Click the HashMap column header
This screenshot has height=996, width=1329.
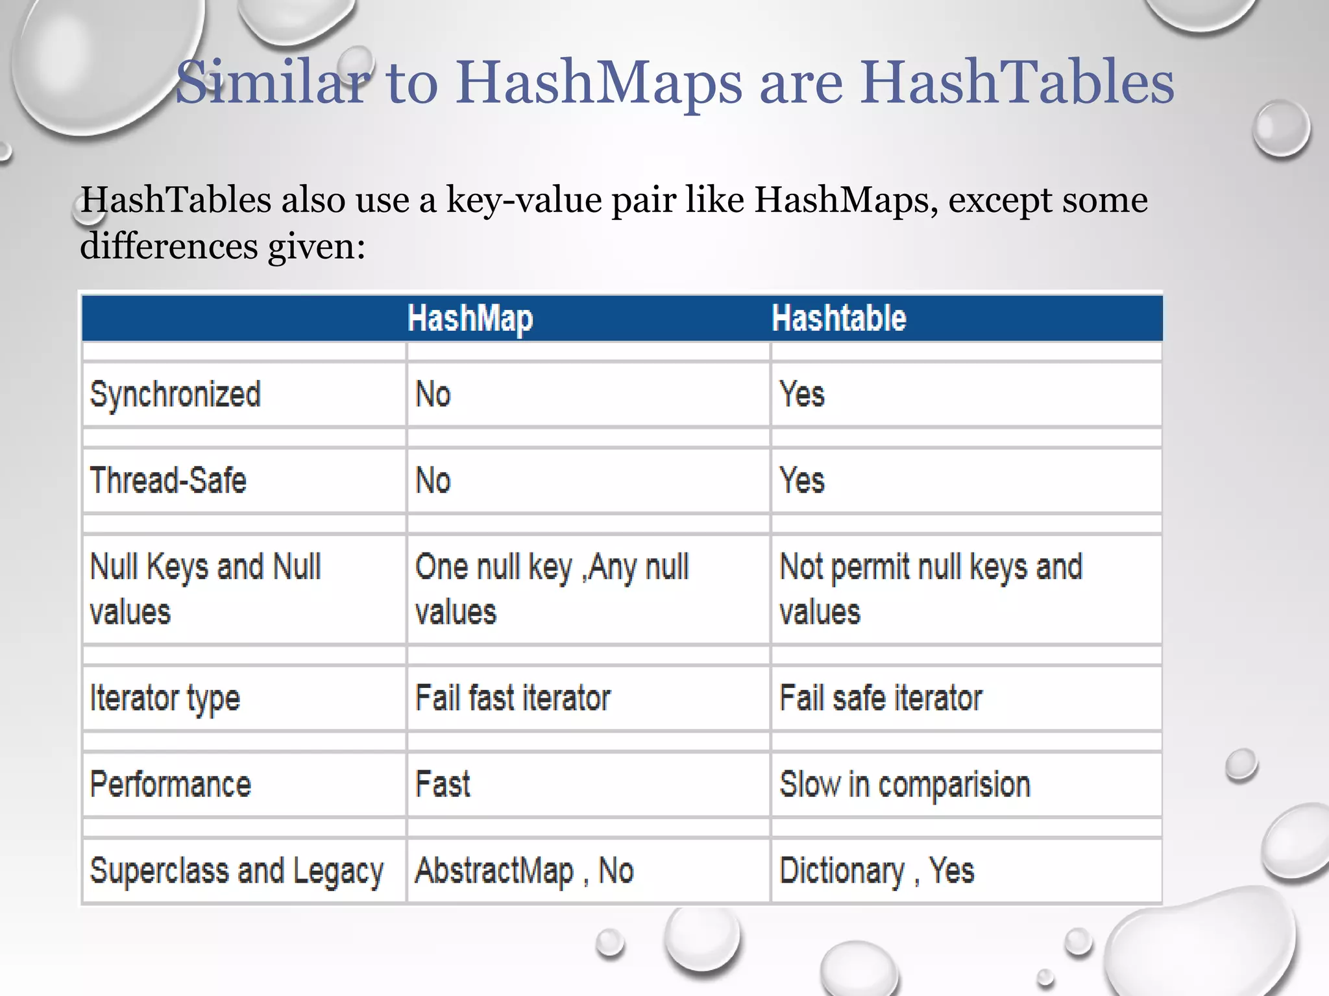tap(470, 319)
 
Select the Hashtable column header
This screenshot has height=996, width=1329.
tap(838, 318)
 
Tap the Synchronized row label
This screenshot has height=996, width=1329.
tap(175, 394)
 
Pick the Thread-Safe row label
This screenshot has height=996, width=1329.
tap(168, 480)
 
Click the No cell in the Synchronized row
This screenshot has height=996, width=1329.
tap(433, 394)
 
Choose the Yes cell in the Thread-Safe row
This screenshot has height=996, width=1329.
tap(802, 480)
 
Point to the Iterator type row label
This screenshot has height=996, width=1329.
tap(165, 698)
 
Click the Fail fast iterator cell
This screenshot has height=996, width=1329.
tap(513, 698)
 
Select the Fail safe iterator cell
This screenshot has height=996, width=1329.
tap(881, 698)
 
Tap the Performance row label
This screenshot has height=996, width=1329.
tap(170, 785)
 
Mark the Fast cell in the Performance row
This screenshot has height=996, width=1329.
tap(443, 785)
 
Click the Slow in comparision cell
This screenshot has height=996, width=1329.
tap(905, 785)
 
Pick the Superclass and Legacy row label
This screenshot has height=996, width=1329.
tap(237, 871)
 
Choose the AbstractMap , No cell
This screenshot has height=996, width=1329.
tap(524, 871)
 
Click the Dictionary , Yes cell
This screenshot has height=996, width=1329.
tap(877, 871)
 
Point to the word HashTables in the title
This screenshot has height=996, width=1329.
tap(1017, 82)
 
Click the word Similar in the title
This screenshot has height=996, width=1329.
tap(273, 82)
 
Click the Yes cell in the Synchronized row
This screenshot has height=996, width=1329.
tap(802, 394)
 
